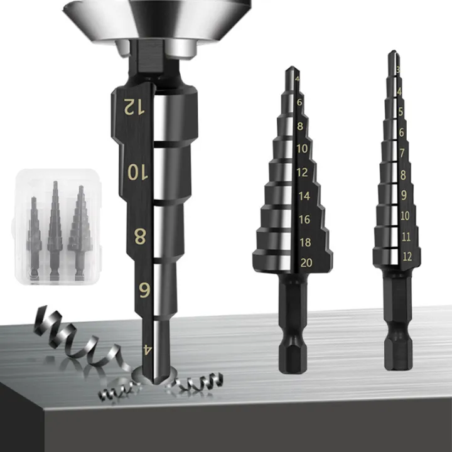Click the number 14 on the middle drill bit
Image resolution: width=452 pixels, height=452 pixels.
(304, 196)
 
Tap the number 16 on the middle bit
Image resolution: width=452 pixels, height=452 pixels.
(304, 220)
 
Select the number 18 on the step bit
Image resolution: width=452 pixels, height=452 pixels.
(305, 242)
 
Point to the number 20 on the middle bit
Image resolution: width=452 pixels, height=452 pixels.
(306, 262)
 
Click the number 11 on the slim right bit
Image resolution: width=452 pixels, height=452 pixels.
(405, 237)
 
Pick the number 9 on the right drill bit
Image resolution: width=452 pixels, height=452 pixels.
(404, 195)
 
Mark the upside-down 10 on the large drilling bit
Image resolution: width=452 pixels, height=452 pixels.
(136, 171)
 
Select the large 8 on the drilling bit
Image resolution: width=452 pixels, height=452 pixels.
(141, 237)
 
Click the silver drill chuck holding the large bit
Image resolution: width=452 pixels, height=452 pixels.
(157, 19)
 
